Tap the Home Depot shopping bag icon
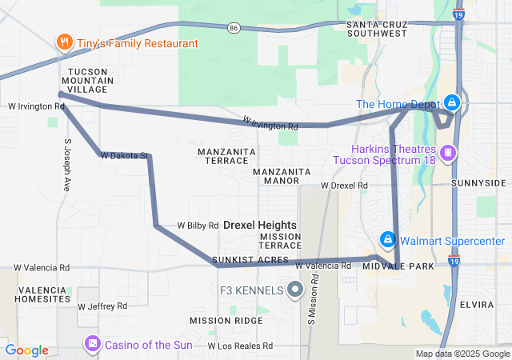pyautogui.click(x=452, y=102)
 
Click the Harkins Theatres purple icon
pyautogui.click(x=449, y=152)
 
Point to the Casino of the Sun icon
pyautogui.click(x=93, y=344)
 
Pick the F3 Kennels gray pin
pyautogui.click(x=295, y=289)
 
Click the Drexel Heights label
pyautogui.click(x=259, y=226)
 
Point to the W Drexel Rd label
pyautogui.click(x=344, y=186)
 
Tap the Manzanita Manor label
pyautogui.click(x=282, y=176)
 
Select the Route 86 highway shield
pyautogui.click(x=233, y=27)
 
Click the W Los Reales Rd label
pyautogui.click(x=241, y=346)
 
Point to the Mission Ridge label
pyautogui.click(x=226, y=320)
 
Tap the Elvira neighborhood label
pyautogui.click(x=478, y=304)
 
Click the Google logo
pyautogui.click(x=26, y=350)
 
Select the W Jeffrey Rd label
pyautogui.click(x=102, y=306)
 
